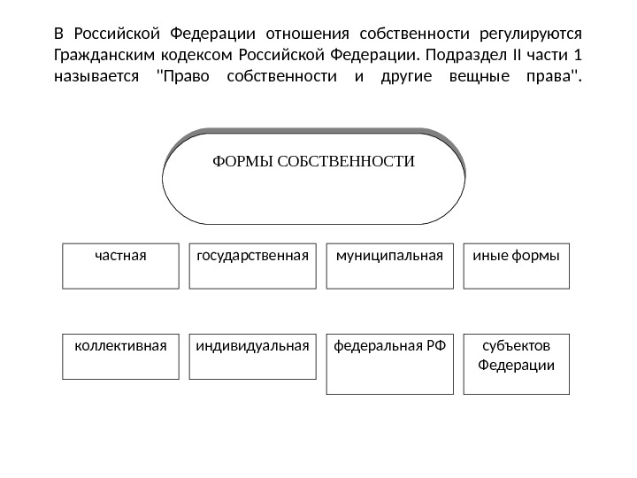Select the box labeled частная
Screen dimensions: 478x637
click(x=120, y=266)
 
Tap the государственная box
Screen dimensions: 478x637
click(x=253, y=266)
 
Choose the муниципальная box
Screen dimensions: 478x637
click(x=389, y=266)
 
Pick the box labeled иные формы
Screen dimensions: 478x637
click(x=517, y=266)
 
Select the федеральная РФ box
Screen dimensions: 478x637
click(x=389, y=363)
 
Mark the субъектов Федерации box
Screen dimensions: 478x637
click(x=517, y=363)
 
